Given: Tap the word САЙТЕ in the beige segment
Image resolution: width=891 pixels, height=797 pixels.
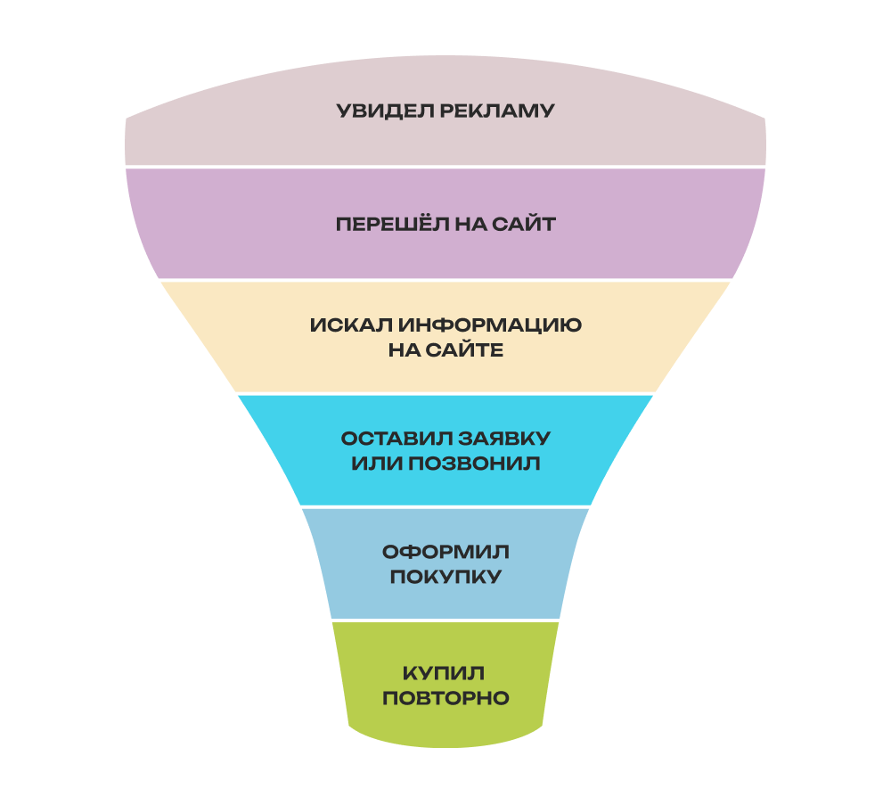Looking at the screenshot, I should [470, 350].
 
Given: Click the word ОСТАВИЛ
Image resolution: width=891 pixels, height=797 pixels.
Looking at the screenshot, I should [394, 440].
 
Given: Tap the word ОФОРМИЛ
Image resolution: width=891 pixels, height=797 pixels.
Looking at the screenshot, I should [445, 551].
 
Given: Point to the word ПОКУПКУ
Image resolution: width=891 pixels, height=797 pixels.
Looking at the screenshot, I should [445, 577].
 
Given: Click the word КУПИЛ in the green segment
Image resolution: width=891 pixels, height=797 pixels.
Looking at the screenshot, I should [445, 672].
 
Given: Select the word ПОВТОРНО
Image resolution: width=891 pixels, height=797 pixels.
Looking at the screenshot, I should [445, 698].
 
